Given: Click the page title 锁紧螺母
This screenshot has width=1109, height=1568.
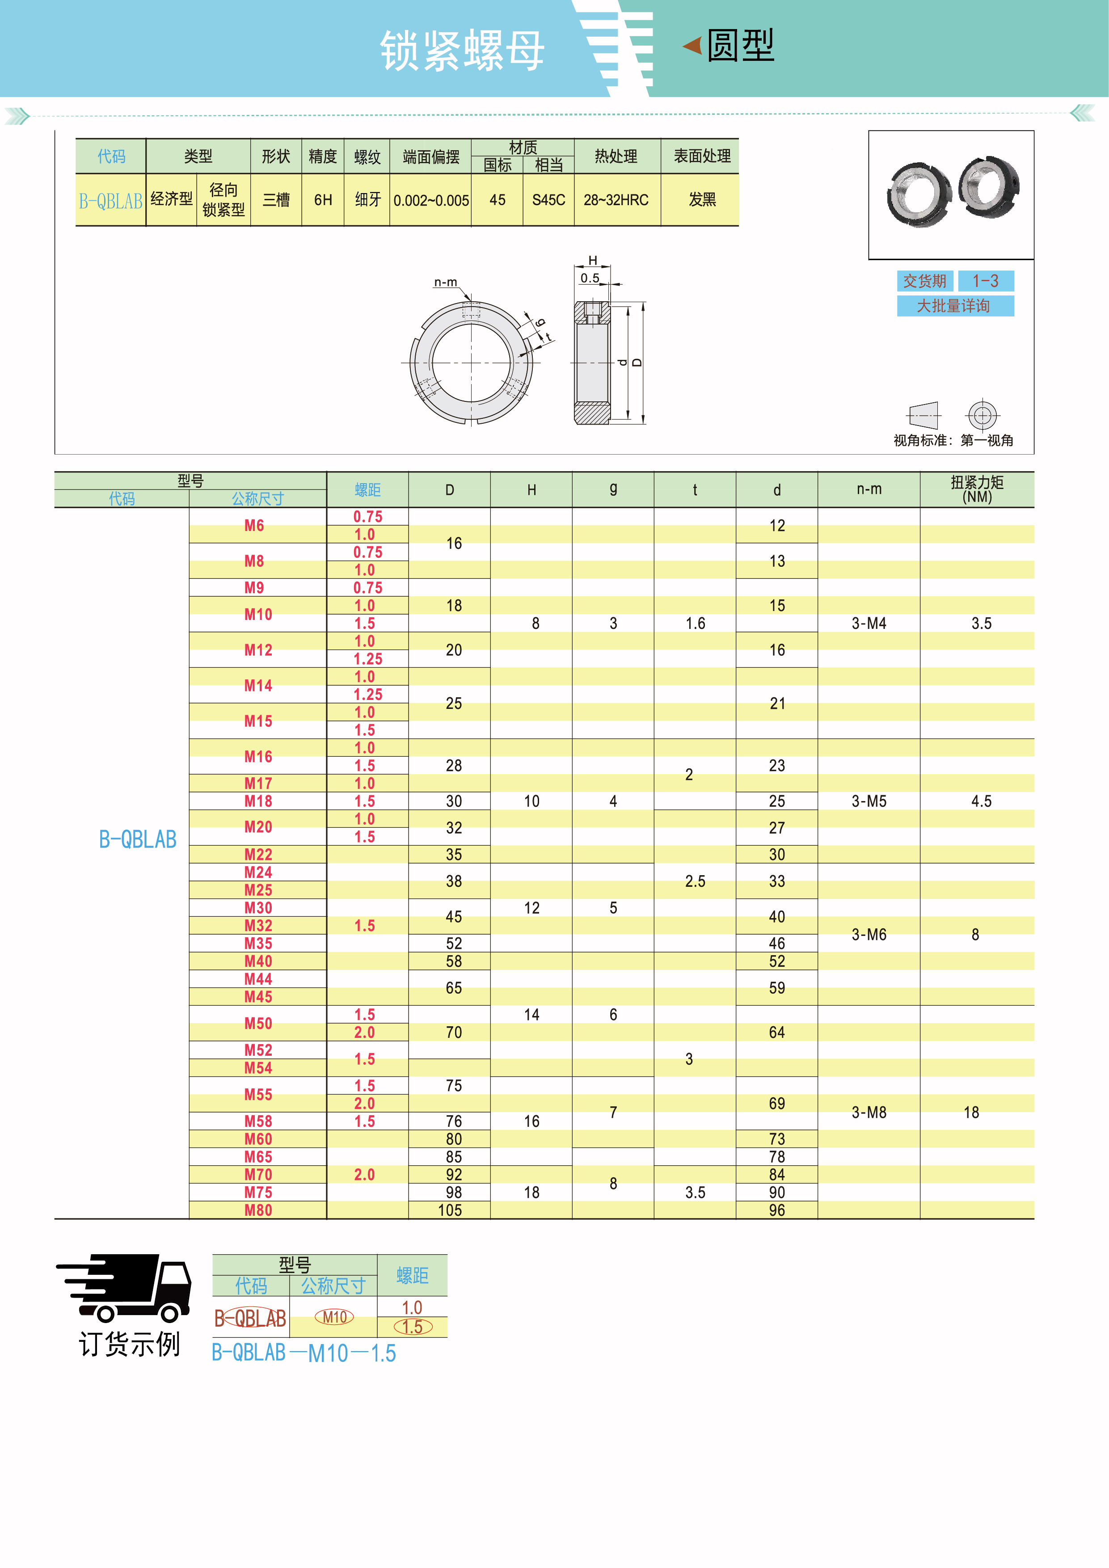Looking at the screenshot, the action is (x=462, y=51).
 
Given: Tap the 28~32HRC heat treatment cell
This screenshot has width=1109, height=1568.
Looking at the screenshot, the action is (x=616, y=200).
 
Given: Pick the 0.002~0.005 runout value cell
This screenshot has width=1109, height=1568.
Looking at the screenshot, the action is (x=431, y=201).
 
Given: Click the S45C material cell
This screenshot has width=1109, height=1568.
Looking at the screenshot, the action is (x=548, y=200).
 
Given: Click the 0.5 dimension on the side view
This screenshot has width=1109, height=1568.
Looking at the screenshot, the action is (x=590, y=278).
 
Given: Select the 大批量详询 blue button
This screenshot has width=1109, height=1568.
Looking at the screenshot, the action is (x=955, y=305).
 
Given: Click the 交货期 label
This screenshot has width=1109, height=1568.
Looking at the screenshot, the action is (x=925, y=281).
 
